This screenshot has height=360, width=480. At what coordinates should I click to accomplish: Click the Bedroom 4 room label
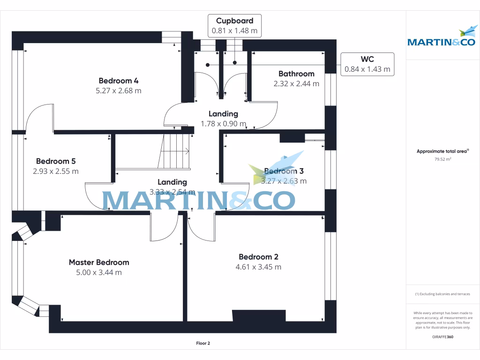click(x=118, y=80)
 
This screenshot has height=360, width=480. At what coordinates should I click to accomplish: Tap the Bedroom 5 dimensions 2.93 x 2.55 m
click(x=56, y=171)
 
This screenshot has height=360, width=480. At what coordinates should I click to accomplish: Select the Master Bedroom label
click(x=99, y=262)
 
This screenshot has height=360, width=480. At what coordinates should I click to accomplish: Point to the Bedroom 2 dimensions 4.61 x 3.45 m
click(x=258, y=267)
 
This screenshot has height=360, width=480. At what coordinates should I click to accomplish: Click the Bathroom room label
click(x=296, y=74)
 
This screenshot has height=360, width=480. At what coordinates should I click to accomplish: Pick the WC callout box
click(x=367, y=64)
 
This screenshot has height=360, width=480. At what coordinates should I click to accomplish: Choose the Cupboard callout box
click(x=235, y=26)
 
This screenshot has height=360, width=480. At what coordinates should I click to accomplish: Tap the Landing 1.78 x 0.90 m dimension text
click(x=223, y=124)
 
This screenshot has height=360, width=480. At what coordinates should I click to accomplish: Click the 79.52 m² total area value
click(x=442, y=159)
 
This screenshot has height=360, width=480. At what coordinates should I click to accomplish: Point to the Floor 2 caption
click(x=203, y=344)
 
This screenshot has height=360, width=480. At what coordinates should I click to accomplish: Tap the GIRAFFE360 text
click(x=442, y=337)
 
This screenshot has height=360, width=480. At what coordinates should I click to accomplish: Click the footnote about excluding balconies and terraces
click(x=442, y=294)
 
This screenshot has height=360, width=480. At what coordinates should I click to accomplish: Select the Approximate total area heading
click(x=442, y=151)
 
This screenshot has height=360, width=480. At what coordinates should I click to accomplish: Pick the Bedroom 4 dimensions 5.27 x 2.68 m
click(x=118, y=91)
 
